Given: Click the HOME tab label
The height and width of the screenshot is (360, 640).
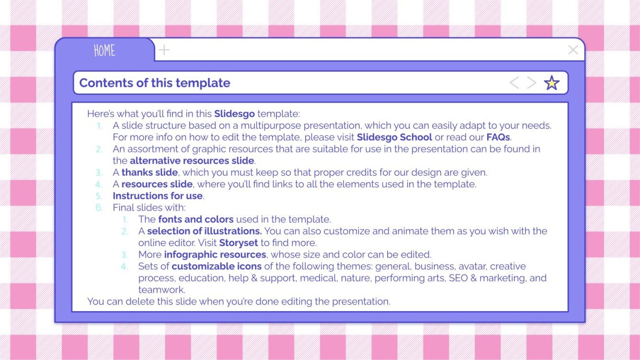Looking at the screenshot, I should [104, 50].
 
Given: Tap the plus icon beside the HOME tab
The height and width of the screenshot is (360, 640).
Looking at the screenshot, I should [164, 50].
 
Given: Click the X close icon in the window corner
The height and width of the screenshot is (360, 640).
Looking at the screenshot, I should [573, 50].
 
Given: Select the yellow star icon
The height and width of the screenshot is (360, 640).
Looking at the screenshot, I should [552, 83].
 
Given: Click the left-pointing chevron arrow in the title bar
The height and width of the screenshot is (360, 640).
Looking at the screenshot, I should [514, 83].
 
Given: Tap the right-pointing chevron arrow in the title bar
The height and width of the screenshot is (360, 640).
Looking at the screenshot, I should [532, 83].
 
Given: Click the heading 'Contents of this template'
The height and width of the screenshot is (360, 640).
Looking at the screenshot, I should [155, 83].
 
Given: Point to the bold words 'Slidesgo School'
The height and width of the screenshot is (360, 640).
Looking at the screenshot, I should [394, 137].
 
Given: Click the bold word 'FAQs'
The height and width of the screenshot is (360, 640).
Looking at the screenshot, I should [498, 137].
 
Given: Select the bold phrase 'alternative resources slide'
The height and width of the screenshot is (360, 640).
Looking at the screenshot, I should [192, 161].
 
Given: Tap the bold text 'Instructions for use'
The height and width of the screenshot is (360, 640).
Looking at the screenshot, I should [158, 196].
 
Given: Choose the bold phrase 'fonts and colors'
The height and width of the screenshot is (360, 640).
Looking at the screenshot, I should [196, 219].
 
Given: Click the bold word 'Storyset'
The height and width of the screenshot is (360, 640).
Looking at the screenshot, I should [239, 243].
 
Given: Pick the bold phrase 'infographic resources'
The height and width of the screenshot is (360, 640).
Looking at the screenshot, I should [215, 255].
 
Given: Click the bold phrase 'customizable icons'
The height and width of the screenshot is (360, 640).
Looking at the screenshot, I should [217, 266].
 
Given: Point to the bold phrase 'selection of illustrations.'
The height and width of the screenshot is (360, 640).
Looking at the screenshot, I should [205, 231].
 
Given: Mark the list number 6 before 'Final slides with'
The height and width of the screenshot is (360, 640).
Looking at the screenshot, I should [99, 208].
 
